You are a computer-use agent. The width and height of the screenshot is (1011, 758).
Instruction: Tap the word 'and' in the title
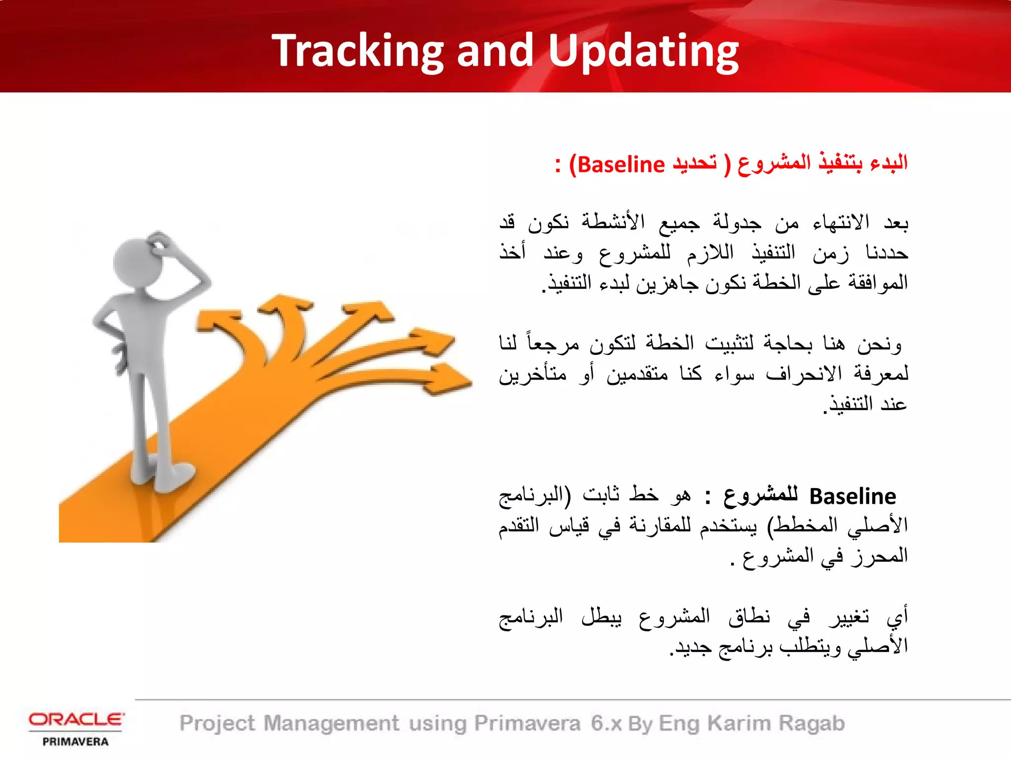(495, 51)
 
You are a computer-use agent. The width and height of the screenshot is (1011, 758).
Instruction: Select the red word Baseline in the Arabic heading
(621, 165)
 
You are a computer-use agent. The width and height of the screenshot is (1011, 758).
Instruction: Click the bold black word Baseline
(853, 496)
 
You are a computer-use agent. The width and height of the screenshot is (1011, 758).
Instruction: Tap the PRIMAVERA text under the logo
(76, 742)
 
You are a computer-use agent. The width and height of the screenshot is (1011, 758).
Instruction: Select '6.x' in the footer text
(606, 723)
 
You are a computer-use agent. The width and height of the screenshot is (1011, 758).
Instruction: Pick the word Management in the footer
(331, 723)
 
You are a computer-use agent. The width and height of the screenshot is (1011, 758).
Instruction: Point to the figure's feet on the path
(163, 476)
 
